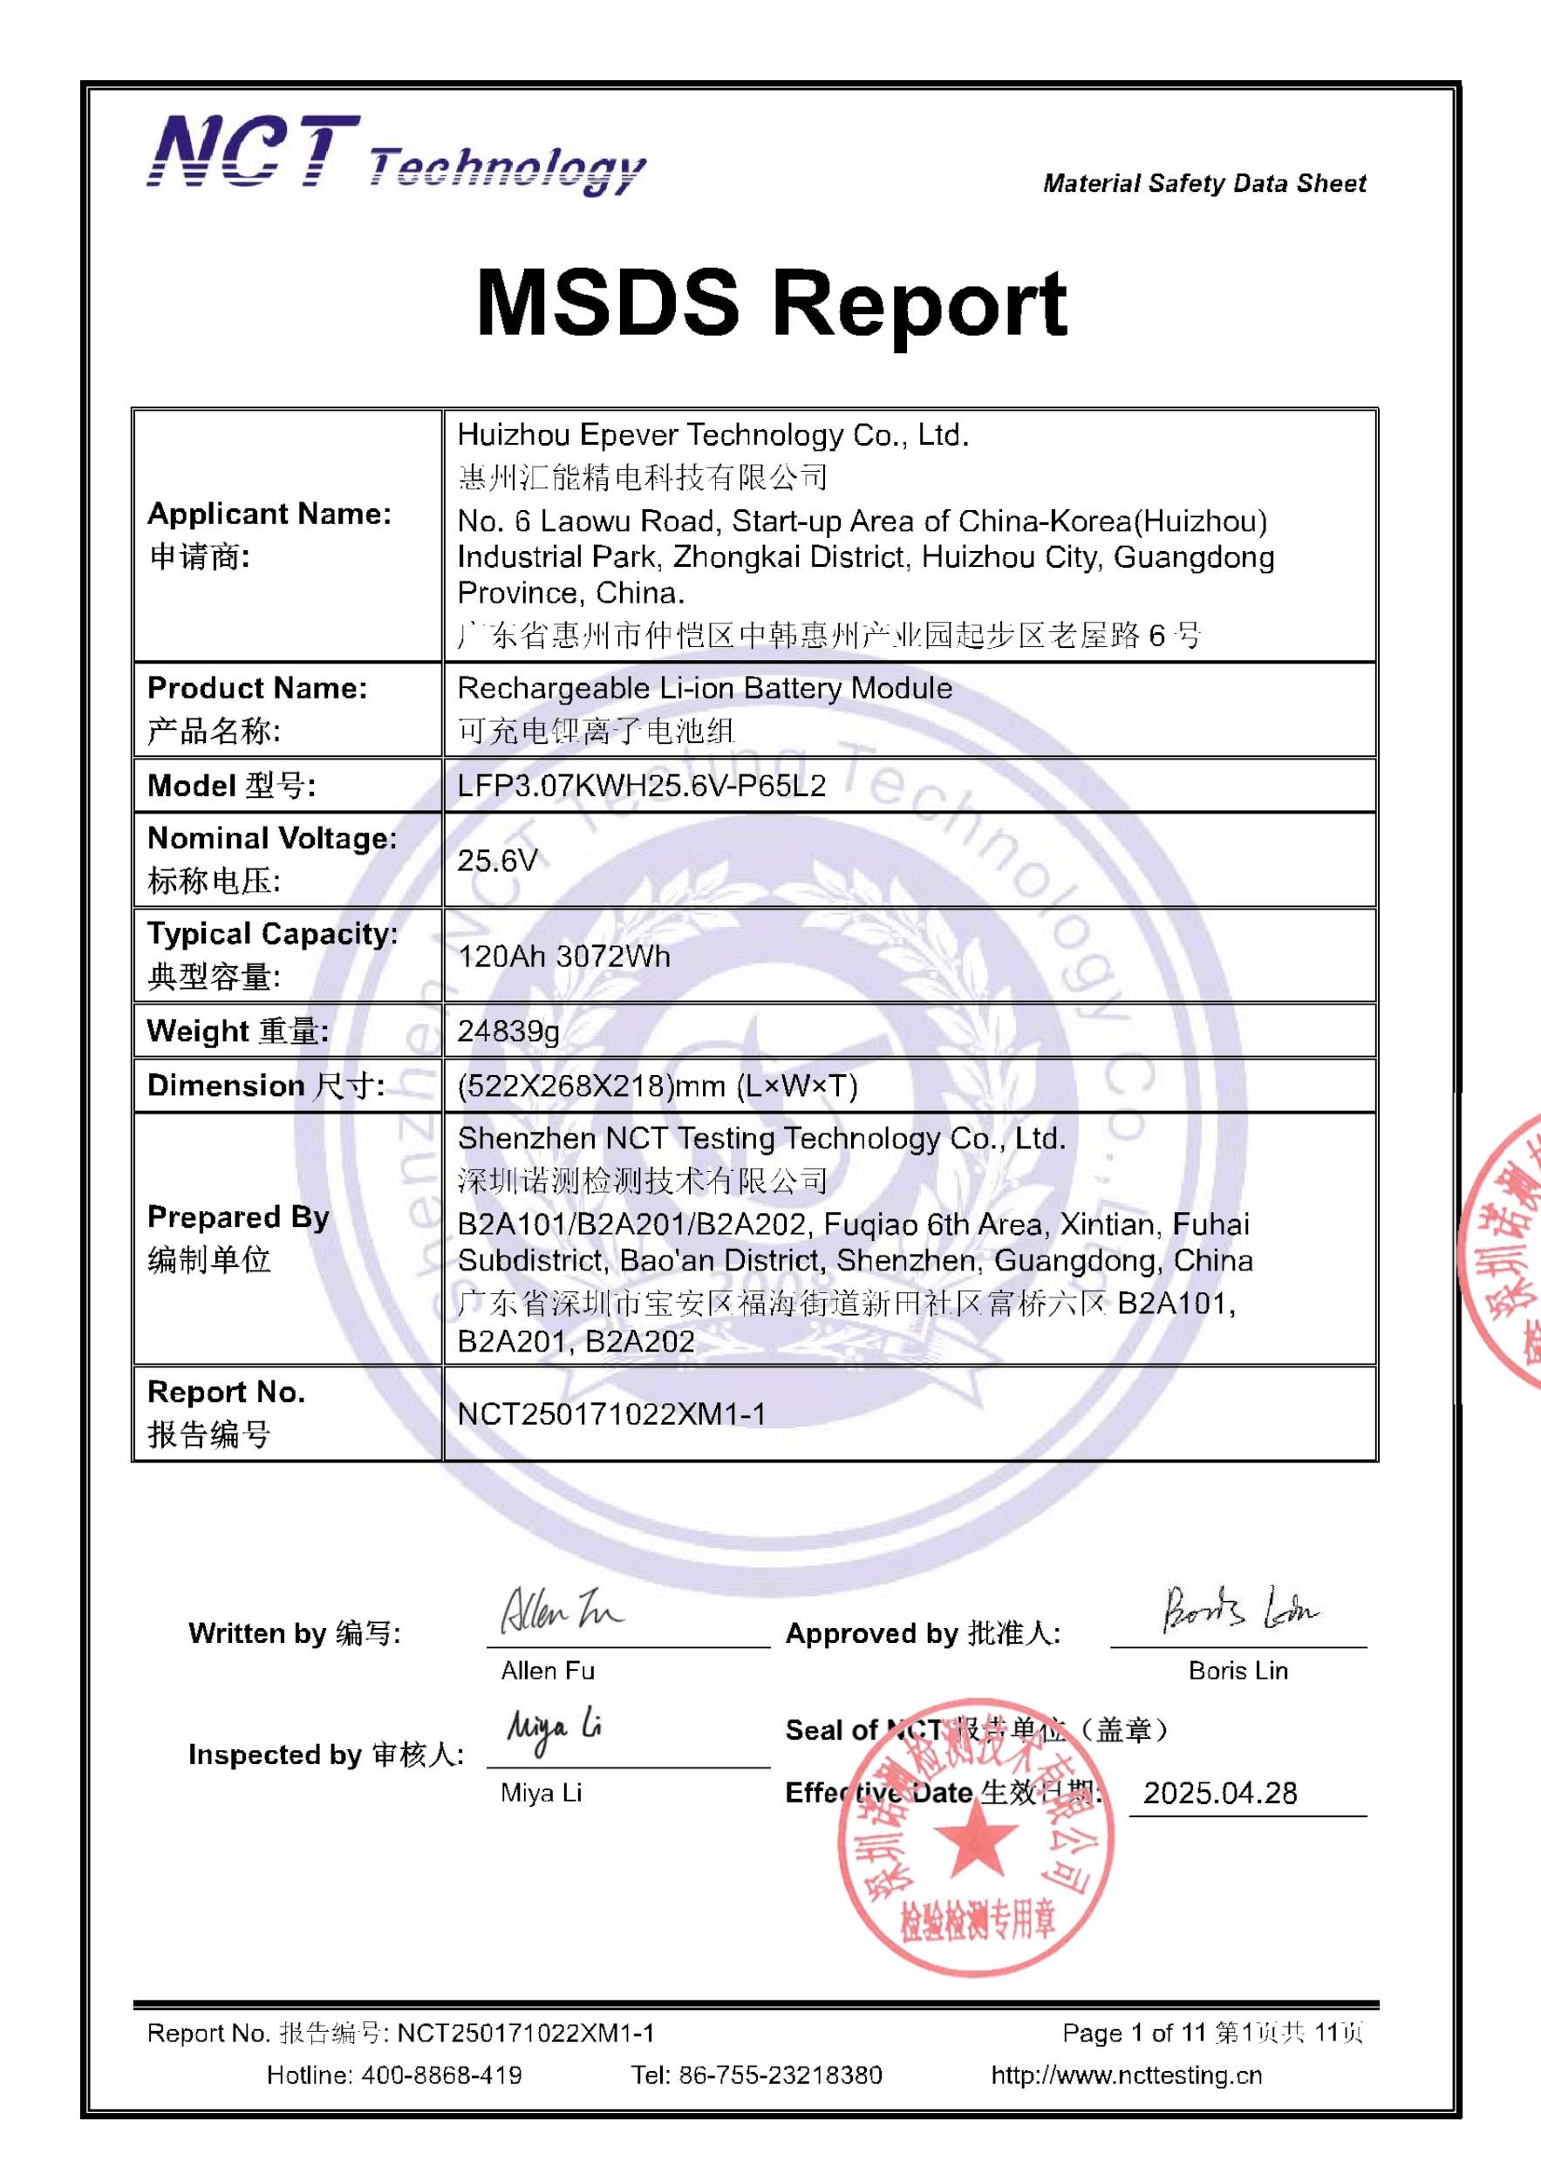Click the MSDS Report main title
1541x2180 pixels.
coord(771,303)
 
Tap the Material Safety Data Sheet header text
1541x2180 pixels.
coord(1204,183)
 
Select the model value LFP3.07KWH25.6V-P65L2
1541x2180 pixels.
coord(641,785)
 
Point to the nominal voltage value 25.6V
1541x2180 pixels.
coord(496,860)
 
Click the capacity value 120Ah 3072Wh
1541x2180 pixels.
coord(563,955)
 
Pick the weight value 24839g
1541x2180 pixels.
coord(508,1030)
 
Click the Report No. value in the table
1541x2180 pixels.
coord(610,1414)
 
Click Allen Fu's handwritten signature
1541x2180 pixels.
coord(560,1611)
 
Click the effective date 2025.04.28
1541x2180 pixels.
coord(1219,1793)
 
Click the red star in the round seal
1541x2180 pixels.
coord(976,1836)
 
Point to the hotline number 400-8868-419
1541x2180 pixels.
coord(440,2074)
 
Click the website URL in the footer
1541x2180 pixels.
coord(1126,2074)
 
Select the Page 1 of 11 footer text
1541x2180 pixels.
coord(1134,2033)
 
